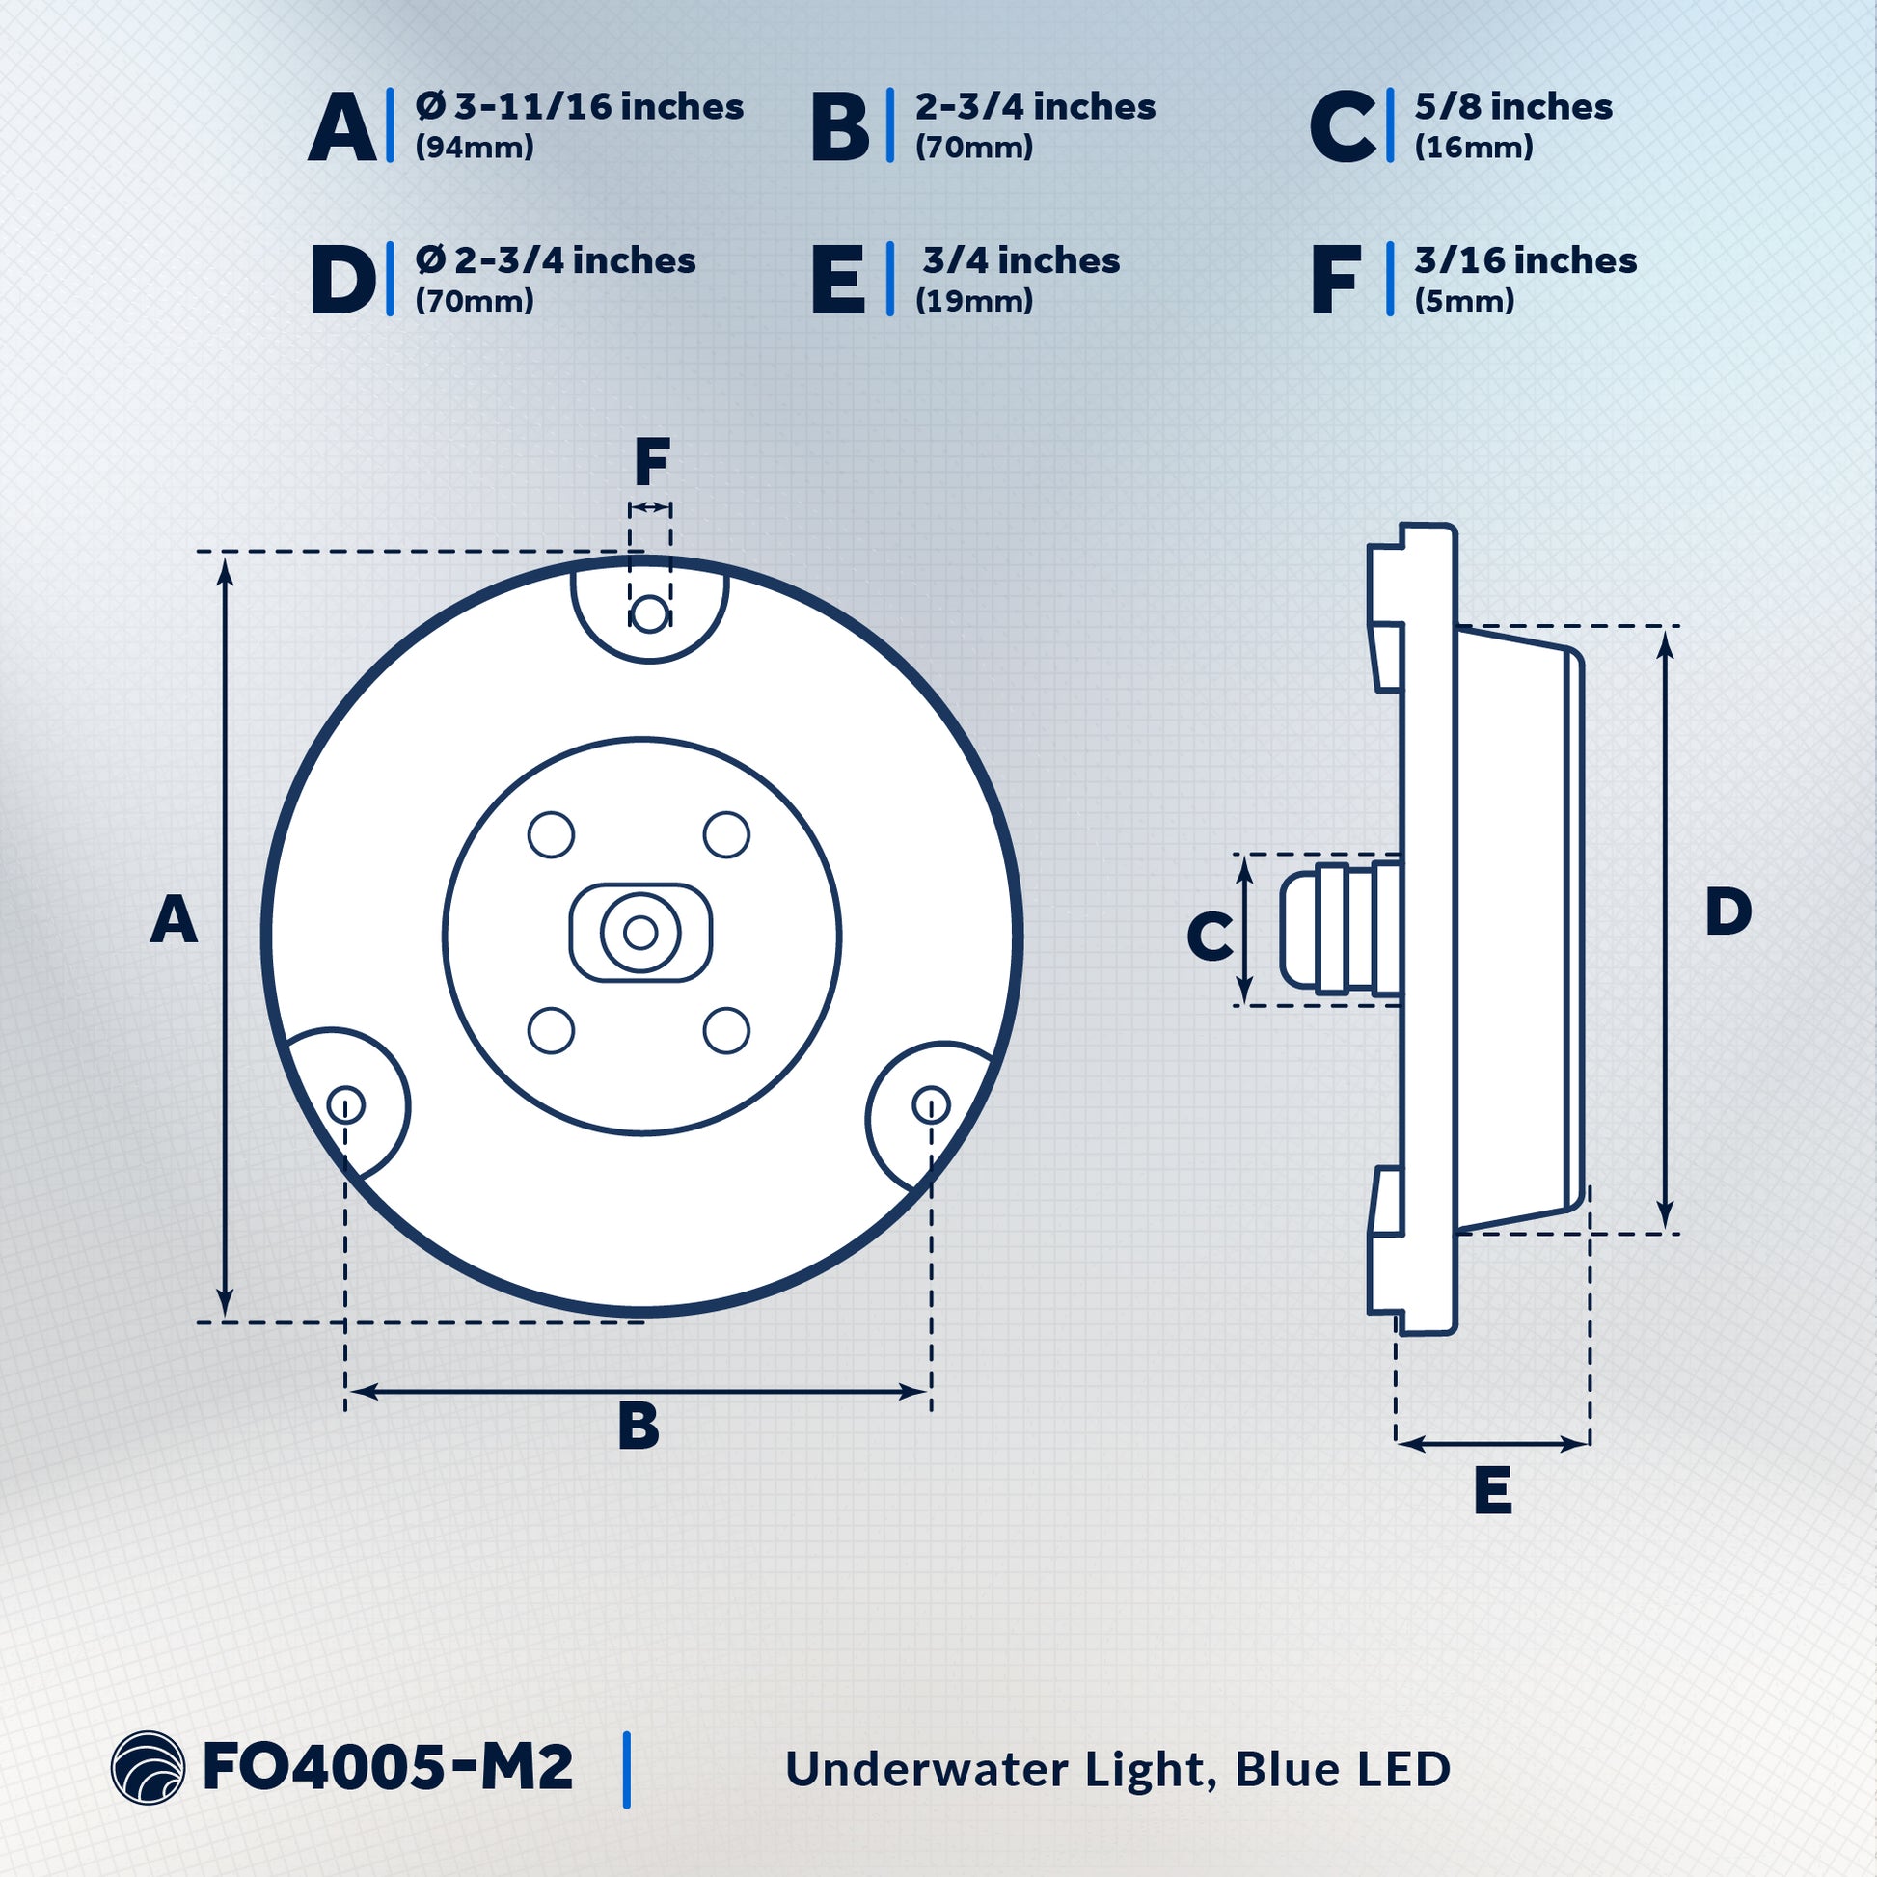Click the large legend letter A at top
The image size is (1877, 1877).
pos(342,127)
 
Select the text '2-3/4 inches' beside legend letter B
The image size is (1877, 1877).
pos(1035,107)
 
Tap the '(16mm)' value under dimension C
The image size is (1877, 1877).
pos(1473,148)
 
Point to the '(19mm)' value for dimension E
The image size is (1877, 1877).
pos(973,301)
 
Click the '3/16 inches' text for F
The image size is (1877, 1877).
pos(1525,260)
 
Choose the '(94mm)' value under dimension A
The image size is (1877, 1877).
pos(475,148)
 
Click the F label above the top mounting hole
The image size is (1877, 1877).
pos(652,462)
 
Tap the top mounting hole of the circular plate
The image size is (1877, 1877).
pos(649,614)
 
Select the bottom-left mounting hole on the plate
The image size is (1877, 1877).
pos(346,1104)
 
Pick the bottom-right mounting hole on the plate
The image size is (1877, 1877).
pos(931,1104)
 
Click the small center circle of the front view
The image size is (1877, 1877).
pos(640,933)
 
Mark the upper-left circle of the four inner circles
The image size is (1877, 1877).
pos(551,834)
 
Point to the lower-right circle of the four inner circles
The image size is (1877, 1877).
pos(725,1031)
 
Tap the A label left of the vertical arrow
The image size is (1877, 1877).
pos(174,920)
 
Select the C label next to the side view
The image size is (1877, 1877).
pos(1210,938)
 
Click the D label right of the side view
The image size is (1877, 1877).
pos(1728,912)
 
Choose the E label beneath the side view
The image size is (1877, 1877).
pos(1492,1490)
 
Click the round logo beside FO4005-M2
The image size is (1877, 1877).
pos(148,1768)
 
